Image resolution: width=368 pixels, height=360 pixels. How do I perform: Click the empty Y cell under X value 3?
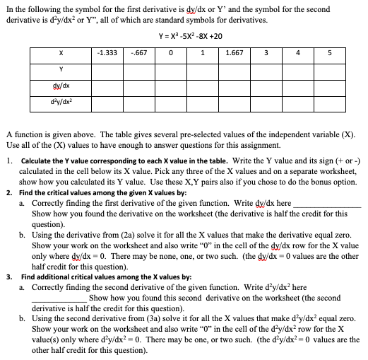pyautogui.click(x=266, y=69)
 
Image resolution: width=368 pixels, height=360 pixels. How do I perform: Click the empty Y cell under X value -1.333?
pyautogui.click(x=107, y=69)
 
